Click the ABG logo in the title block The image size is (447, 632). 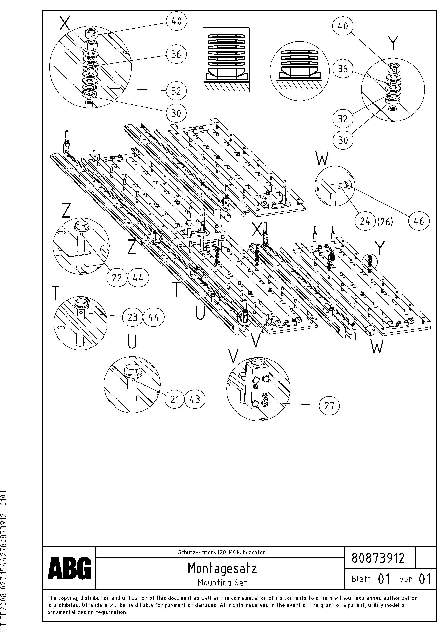(69, 568)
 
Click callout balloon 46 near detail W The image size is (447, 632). (419, 221)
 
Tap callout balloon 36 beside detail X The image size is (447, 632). (176, 54)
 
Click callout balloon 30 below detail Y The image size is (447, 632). (343, 140)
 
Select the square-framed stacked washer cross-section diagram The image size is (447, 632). (226, 60)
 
